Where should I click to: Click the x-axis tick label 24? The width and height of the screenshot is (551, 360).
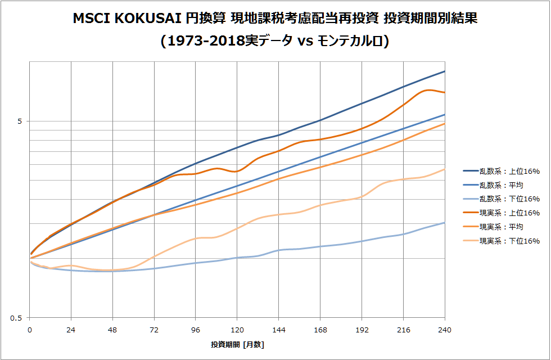click(71, 330)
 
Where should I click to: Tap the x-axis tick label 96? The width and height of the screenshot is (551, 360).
click(196, 330)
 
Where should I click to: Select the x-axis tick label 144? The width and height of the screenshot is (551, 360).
click(279, 330)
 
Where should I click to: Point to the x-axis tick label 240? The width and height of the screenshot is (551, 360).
click(445, 330)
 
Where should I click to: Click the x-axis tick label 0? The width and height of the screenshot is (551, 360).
click(30, 330)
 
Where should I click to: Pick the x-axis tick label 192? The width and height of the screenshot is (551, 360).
click(362, 330)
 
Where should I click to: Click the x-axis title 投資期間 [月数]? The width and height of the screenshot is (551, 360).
click(237, 344)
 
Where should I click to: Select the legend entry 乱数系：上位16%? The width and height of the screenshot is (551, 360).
click(509, 172)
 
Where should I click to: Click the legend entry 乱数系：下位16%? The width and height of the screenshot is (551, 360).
click(509, 199)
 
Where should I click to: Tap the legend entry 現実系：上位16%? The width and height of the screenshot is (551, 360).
click(509, 213)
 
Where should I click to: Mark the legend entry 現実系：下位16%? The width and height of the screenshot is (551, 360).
click(509, 241)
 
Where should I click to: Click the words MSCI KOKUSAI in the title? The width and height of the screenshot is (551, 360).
click(128, 19)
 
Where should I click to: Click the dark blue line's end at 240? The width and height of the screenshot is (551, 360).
click(445, 71)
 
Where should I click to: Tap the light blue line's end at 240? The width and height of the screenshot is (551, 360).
click(445, 223)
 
